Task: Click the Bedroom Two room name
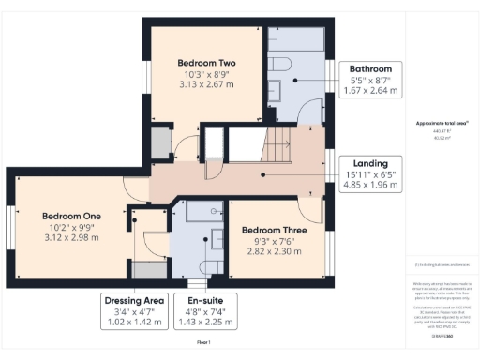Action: (x=204, y=63)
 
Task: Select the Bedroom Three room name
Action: (x=275, y=231)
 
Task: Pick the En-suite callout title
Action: (x=206, y=301)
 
